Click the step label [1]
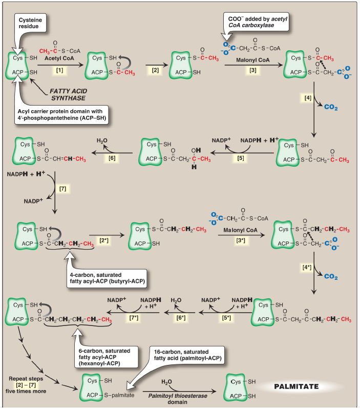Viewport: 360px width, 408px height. pyautogui.click(x=60, y=69)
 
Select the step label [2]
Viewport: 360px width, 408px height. pyautogui.click(x=156, y=70)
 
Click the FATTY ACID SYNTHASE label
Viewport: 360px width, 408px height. pyautogui.click(x=69, y=94)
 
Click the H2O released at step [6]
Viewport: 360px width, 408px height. pyautogui.click(x=102, y=140)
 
